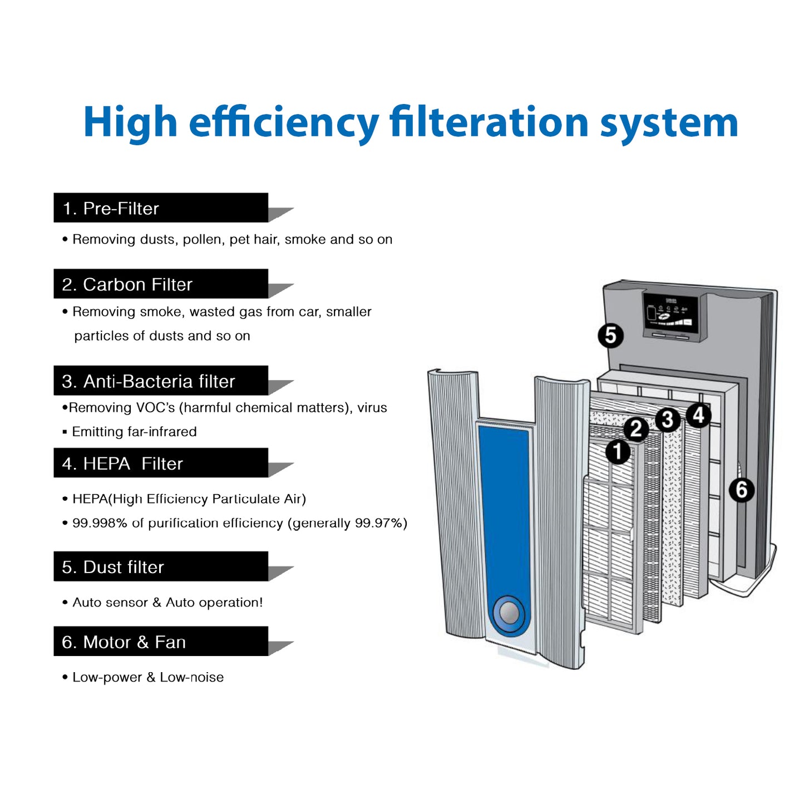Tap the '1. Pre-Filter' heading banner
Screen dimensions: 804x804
tap(161, 208)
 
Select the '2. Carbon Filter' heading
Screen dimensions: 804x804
tap(161, 284)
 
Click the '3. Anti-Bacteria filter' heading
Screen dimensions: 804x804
tap(161, 381)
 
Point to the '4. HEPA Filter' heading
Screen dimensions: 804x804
tap(161, 463)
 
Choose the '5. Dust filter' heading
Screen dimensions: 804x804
tap(161, 566)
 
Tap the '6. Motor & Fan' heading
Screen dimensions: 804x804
tap(161, 641)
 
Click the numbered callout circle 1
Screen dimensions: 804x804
tap(618, 451)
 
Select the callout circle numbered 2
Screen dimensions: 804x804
tap(636, 428)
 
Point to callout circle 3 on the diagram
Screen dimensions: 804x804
tap(667, 420)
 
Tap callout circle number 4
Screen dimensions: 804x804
tap(698, 415)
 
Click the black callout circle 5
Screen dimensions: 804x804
tap(610, 335)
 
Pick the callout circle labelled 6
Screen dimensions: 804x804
tap(742, 489)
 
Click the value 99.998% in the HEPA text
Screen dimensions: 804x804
tap(100, 523)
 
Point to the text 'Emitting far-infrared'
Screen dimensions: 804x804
tap(134, 431)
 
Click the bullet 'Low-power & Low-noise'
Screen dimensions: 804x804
tap(147, 677)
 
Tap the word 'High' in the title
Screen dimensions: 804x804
tap(131, 122)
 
